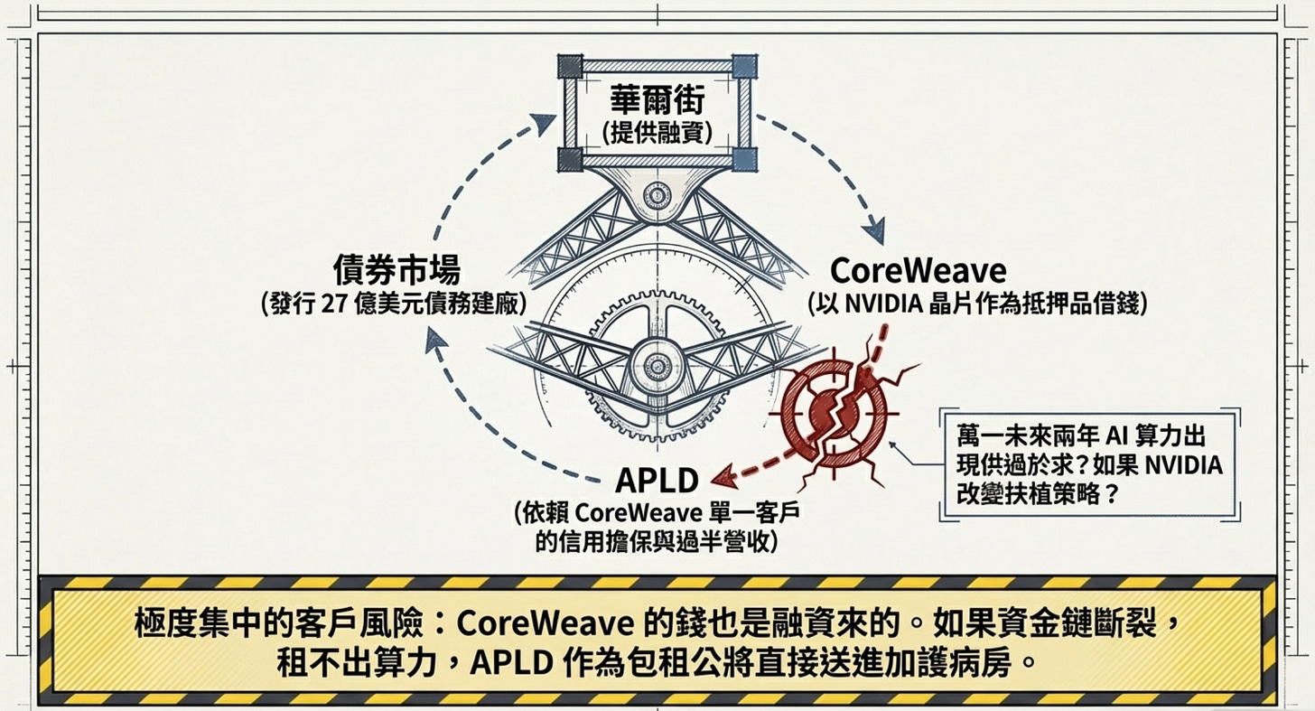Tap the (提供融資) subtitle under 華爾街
click(x=657, y=133)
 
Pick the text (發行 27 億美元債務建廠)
click(x=393, y=304)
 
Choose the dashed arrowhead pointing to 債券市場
click(x=436, y=341)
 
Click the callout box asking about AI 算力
click(x=1087, y=463)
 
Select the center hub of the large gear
click(x=656, y=365)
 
